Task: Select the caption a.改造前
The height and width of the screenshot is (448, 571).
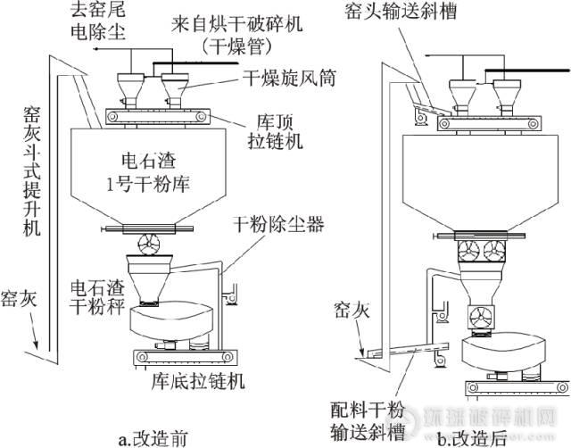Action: coord(153,438)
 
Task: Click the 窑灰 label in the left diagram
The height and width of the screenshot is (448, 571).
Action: coord(19,296)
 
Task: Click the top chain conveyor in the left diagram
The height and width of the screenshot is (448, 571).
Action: coord(157,116)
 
